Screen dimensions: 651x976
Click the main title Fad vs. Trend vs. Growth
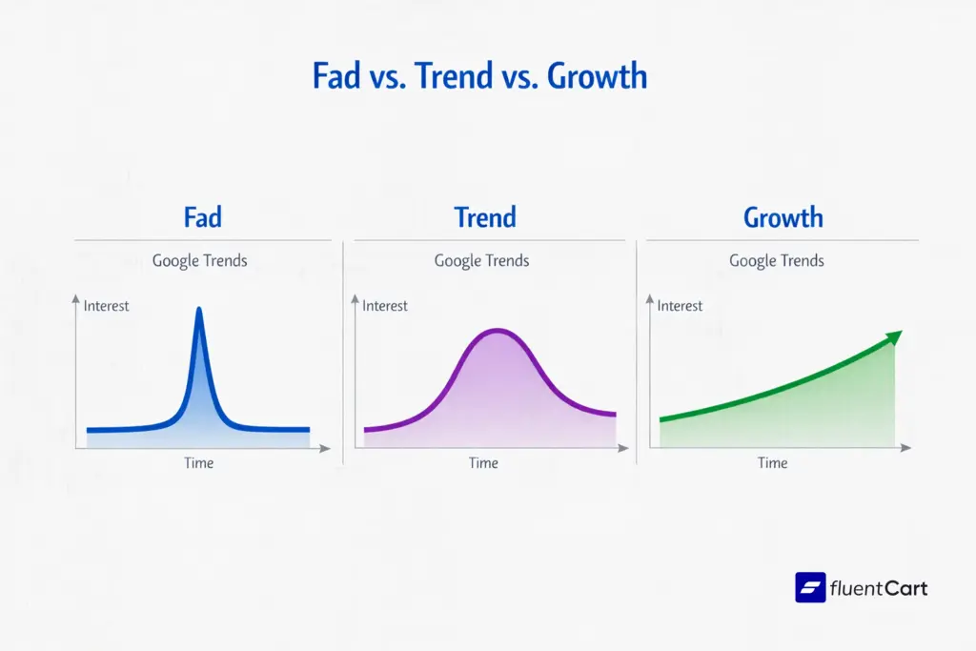tap(480, 76)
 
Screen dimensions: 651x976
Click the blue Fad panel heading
tap(202, 217)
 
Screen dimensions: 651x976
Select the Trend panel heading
tap(484, 217)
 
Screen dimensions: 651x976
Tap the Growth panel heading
tap(783, 217)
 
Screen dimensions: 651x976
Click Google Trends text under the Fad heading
tap(199, 260)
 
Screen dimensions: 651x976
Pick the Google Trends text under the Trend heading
tap(481, 260)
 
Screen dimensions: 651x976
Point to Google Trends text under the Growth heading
tap(777, 260)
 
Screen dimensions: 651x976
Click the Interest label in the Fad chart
tap(106, 306)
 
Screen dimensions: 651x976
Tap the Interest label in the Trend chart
tap(385, 306)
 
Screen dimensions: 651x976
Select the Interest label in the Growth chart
tap(680, 306)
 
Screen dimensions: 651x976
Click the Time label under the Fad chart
tap(199, 463)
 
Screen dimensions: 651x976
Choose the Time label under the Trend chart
tap(483, 463)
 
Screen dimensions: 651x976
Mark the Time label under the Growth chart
tap(772, 463)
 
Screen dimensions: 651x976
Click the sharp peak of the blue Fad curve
tap(199, 310)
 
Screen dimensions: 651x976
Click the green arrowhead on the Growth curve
tap(893, 336)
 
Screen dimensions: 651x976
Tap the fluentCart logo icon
tap(810, 587)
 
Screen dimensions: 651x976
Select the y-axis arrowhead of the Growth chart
tap(653, 302)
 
